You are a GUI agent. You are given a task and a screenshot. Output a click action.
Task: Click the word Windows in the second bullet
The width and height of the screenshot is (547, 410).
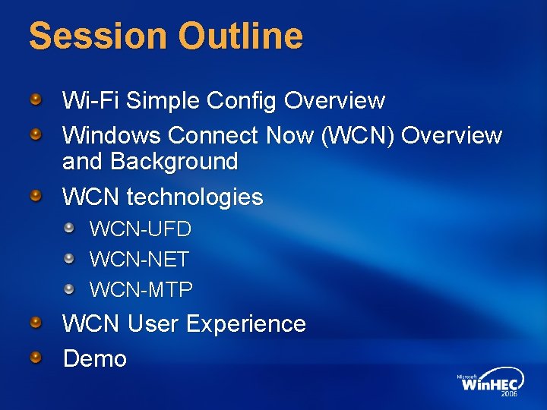(112, 135)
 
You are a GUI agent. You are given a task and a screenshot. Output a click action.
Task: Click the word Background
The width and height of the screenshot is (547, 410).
(174, 161)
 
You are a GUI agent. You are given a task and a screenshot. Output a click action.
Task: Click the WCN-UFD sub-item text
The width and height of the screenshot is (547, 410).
(141, 229)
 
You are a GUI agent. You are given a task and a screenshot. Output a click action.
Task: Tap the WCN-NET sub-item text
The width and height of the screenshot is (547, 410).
(139, 259)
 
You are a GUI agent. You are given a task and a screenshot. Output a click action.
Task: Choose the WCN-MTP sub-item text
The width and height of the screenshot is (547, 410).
(141, 289)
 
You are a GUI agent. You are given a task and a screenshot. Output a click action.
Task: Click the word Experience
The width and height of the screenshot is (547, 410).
(245, 323)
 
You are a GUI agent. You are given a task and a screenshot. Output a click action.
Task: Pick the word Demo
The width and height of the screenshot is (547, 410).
(95, 358)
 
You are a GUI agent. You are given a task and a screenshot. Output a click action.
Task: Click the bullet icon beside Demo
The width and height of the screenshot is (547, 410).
(36, 357)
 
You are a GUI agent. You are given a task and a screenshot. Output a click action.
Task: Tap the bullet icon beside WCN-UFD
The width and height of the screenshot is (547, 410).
(69, 228)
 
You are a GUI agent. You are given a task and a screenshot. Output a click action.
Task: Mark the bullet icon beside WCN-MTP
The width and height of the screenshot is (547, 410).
(69, 289)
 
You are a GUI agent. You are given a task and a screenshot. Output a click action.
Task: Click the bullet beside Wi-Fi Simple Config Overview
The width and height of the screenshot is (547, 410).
(36, 99)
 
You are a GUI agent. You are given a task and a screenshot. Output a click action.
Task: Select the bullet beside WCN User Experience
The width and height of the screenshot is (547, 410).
(36, 323)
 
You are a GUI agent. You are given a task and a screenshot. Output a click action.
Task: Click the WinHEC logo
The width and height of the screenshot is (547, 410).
(489, 383)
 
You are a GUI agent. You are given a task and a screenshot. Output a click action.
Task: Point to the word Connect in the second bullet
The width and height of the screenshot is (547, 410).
(214, 135)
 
